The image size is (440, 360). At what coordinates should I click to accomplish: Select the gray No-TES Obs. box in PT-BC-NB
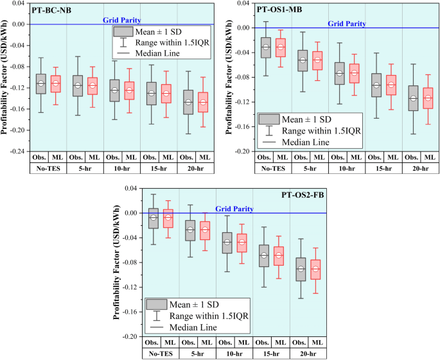40,83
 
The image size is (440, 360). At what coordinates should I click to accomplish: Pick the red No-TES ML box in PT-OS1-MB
280,47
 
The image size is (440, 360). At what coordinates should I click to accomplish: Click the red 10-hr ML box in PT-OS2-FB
242,243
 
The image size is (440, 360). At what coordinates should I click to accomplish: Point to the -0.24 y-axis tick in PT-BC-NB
17,151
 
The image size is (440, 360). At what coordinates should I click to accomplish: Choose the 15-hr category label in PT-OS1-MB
382,167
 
